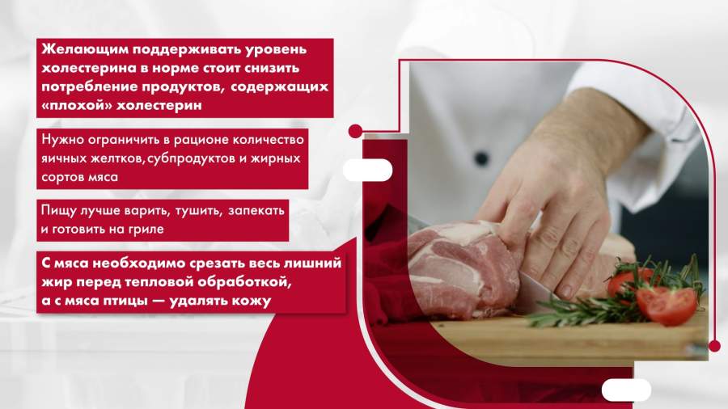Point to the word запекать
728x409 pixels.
[x=256, y=210]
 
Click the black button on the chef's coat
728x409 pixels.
[x=481, y=158]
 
